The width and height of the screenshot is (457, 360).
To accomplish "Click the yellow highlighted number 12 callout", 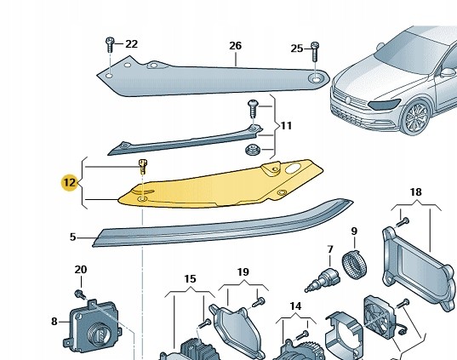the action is pyautogui.click(x=70, y=182).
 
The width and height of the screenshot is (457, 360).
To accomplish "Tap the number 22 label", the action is pyautogui.click(x=131, y=44).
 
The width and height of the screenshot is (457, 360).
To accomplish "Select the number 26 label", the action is pyautogui.click(x=235, y=46).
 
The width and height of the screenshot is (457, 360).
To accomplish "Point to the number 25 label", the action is pyautogui.click(x=297, y=49).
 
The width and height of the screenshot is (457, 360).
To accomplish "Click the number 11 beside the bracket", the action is pyautogui.click(x=286, y=126).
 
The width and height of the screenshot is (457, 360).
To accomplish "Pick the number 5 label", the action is pyautogui.click(x=73, y=237).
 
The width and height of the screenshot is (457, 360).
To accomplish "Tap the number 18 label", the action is pyautogui.click(x=415, y=192).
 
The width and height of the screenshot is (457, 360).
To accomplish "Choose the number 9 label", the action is pyautogui.click(x=354, y=231).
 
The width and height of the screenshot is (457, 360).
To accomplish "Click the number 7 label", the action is pyautogui.click(x=330, y=249).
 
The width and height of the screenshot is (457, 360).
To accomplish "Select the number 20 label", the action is pyautogui.click(x=81, y=270).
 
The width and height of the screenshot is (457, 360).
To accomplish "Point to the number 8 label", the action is pyautogui.click(x=54, y=322).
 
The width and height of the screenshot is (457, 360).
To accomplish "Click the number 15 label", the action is pyautogui.click(x=190, y=279).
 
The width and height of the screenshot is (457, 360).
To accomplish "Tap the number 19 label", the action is pyautogui.click(x=243, y=272).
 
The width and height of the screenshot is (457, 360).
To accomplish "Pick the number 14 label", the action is pyautogui.click(x=295, y=306).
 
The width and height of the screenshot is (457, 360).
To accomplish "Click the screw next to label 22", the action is pyautogui.click(x=110, y=44).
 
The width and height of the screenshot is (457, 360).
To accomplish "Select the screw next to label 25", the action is pyautogui.click(x=315, y=52).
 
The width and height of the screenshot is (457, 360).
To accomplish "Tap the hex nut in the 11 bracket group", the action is pyautogui.click(x=251, y=150).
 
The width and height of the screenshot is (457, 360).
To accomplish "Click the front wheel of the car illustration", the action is pyautogui.click(x=414, y=117).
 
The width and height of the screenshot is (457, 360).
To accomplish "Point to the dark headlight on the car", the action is pyautogui.click(x=384, y=104).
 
